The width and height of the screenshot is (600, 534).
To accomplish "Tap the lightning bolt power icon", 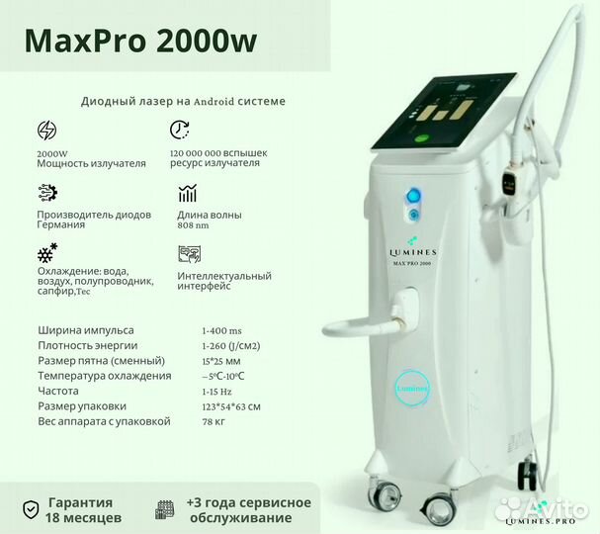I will [46, 131].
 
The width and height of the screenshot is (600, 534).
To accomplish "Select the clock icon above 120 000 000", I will [180, 130].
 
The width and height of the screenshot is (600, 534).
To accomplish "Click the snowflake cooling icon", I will [46, 252].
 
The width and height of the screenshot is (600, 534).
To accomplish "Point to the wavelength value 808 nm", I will [195, 224].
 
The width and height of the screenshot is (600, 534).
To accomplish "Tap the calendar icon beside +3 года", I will [165, 510].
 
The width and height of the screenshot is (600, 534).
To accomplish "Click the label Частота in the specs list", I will [62, 391].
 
